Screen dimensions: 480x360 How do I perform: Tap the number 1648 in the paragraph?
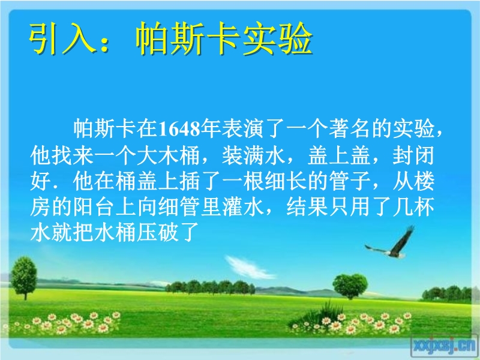point(179,128)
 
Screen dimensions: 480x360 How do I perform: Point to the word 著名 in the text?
point(350,128)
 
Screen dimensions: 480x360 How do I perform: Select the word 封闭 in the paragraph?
point(413,155)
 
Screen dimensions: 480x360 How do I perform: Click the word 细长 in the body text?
point(286,181)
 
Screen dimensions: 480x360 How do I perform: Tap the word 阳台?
point(94,206)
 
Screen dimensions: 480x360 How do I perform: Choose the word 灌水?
point(244,206)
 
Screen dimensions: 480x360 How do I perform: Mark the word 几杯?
point(413,206)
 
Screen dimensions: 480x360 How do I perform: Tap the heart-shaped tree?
point(350,286)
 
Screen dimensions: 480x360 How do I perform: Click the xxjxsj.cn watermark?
point(445,346)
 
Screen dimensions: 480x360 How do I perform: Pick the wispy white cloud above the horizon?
point(250,268)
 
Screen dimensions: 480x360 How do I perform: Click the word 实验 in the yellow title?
point(278,38)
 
